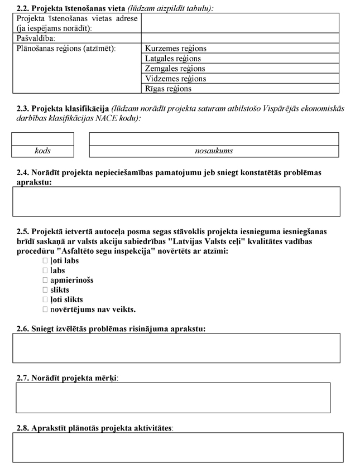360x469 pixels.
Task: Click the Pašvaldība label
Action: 36,38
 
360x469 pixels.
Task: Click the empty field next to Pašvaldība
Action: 240,38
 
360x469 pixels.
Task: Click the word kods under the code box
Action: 42,151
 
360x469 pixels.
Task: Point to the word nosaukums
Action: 214,151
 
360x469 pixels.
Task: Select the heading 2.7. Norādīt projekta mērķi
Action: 67,378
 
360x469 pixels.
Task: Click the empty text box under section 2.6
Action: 176,348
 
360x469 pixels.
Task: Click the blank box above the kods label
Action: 43,139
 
